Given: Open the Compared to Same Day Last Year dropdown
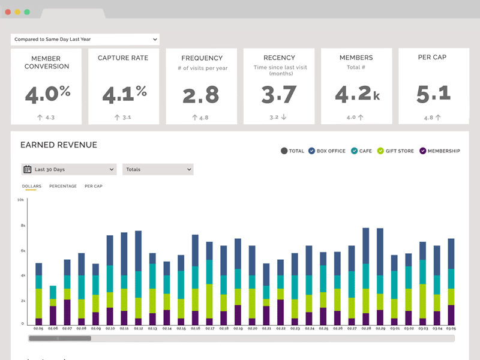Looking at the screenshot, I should [85, 40].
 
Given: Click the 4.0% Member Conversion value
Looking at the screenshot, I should [47, 94].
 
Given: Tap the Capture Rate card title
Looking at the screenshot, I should [124, 58].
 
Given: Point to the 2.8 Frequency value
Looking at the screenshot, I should [202, 95].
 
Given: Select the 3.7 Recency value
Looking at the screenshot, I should [279, 95].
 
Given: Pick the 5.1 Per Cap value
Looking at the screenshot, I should [433, 94].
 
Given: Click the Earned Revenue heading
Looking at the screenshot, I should [59, 145].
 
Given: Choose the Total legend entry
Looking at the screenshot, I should [293, 151].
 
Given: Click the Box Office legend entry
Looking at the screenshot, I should [327, 151].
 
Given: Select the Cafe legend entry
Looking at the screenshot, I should [361, 151].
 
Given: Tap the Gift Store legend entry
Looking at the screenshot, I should [395, 151].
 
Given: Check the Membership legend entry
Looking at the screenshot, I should [440, 151].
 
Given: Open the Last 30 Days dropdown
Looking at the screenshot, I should [69, 169].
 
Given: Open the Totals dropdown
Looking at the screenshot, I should [158, 169].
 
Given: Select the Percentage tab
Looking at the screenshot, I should [63, 186].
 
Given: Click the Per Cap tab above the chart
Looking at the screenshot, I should [94, 186].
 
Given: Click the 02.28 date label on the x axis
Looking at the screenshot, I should [366, 329].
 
